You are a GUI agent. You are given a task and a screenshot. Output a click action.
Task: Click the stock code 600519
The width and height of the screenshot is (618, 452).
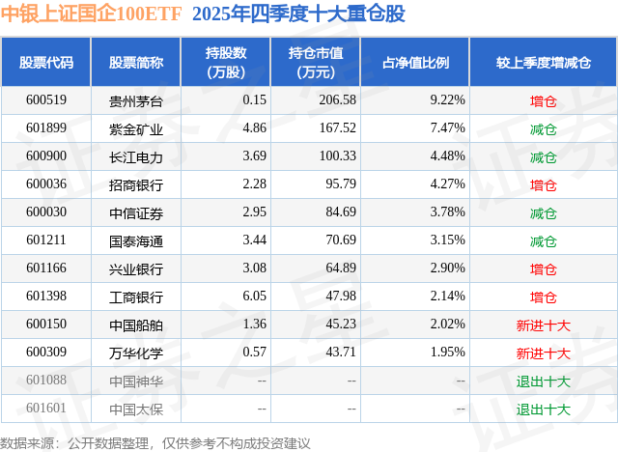point(46,100)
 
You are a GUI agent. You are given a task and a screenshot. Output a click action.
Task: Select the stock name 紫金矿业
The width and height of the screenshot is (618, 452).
point(136,128)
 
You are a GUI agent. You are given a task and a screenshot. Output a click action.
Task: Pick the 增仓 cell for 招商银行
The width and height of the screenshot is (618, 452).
point(543,184)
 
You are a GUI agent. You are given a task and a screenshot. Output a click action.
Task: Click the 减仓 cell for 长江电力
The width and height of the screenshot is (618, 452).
point(543,156)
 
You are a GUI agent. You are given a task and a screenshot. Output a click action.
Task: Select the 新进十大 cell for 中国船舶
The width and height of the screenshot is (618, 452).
point(543,325)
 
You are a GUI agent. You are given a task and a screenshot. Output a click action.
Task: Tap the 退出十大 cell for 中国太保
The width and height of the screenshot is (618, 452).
point(543,409)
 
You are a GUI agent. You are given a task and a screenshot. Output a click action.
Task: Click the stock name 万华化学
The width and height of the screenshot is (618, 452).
point(136,353)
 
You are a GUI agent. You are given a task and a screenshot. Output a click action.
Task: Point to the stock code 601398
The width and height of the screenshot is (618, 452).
point(46,297)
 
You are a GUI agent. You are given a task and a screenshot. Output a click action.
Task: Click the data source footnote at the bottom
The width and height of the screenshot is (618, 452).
point(155,442)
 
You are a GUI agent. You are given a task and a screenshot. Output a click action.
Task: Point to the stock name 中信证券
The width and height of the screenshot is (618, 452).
point(136,212)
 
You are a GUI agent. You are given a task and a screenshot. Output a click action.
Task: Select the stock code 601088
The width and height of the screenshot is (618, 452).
point(46,381)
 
